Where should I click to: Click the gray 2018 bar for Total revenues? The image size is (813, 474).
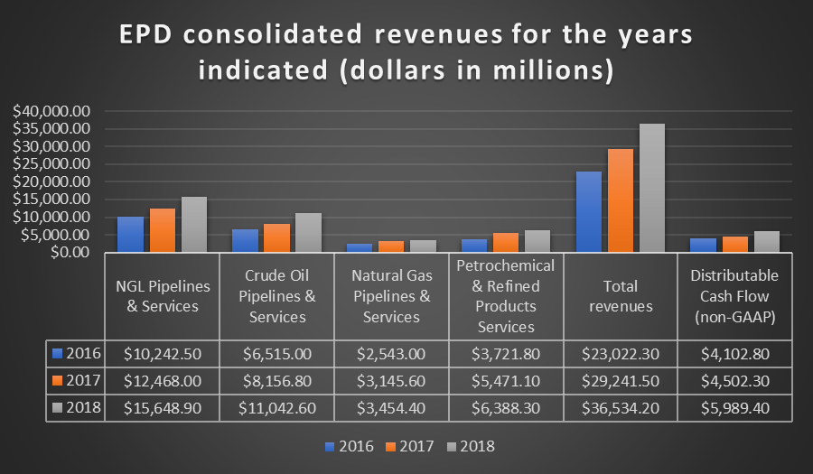coord(652,188)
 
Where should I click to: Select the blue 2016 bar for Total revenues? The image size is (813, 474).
coord(588,211)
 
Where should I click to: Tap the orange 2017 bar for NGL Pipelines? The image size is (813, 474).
coord(162,230)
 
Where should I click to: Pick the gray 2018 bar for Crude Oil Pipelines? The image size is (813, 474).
coord(308,233)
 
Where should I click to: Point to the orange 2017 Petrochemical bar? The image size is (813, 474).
coord(505,242)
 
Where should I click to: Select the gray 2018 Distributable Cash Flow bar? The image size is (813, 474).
coord(767,241)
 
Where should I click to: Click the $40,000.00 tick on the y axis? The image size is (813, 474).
coord(52,111)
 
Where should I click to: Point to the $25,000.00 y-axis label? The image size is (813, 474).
coord(52,164)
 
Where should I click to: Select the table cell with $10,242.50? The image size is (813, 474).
coord(163,354)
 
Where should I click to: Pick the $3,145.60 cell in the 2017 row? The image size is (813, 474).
coord(391,380)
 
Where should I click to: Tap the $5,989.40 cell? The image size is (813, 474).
coord(734,407)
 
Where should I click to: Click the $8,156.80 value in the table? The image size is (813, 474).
coord(277,380)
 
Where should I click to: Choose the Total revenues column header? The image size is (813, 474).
coord(621,297)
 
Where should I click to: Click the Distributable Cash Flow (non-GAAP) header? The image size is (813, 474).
coord(734,297)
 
